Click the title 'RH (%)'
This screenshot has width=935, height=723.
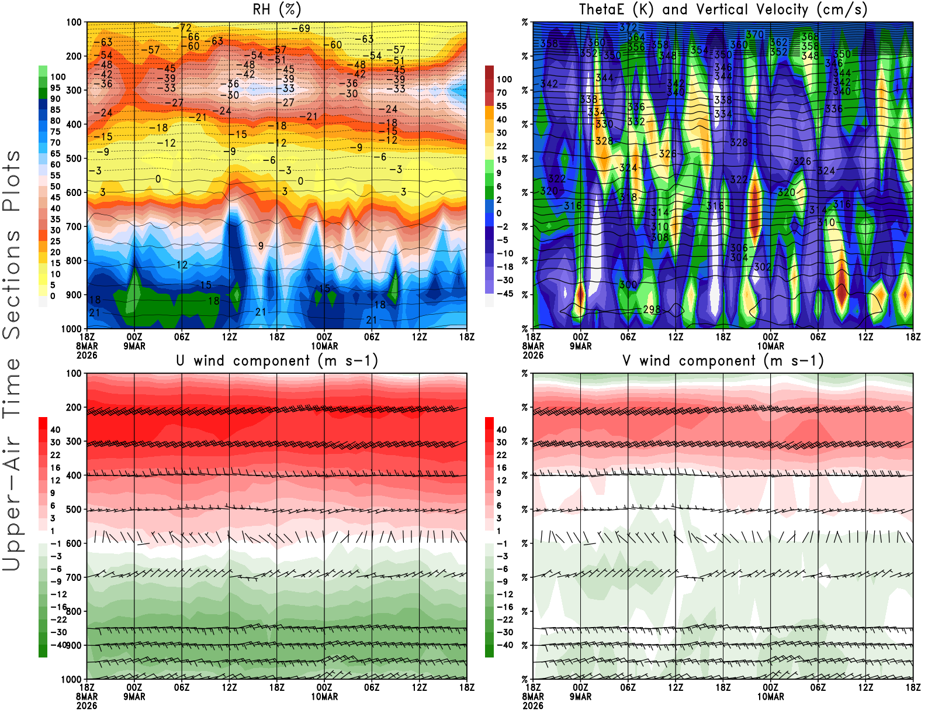(x=277, y=9)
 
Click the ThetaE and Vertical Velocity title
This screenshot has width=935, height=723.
(x=723, y=9)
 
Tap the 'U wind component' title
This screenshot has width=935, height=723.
(x=277, y=360)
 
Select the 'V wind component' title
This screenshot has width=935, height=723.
(x=723, y=360)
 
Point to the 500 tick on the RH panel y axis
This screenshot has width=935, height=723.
(x=74, y=159)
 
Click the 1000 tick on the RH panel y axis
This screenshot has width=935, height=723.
(x=71, y=329)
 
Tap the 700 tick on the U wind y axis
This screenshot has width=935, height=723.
(x=74, y=577)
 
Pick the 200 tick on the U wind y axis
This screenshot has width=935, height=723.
(x=74, y=407)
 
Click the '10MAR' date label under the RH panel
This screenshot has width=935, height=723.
(x=324, y=346)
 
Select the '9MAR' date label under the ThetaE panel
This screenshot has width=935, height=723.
(x=580, y=346)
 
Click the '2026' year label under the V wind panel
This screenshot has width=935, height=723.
(x=533, y=706)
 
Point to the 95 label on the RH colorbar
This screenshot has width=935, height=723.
(x=56, y=88)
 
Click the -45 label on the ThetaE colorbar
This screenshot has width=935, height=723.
(x=504, y=294)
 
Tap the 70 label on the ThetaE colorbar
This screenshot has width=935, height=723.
(x=501, y=92)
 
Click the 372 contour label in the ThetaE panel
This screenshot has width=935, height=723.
(x=628, y=27)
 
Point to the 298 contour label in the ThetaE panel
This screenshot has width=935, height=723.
(x=652, y=309)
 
